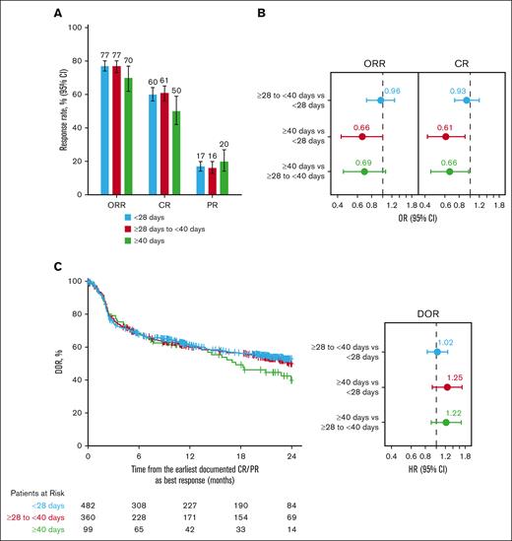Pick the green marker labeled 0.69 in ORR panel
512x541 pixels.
(x=363, y=171)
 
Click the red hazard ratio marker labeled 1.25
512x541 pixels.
(x=446, y=387)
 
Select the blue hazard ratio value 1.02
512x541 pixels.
(x=443, y=342)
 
